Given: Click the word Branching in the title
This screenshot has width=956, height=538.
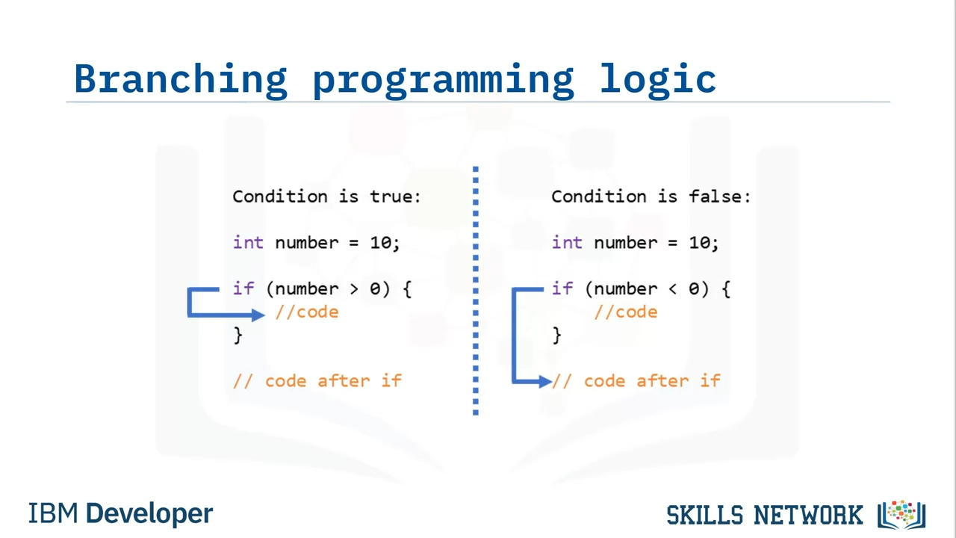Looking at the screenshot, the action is pos(181,80).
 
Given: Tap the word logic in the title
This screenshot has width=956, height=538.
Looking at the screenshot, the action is pos(658,80).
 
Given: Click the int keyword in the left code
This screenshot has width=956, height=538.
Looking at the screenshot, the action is pos(248,243).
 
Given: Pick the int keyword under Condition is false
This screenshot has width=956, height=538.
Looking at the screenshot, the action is pos(567,243).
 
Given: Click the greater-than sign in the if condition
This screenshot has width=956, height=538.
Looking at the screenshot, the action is pos(354,289).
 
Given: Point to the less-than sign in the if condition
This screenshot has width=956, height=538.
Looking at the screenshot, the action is pos(673,289).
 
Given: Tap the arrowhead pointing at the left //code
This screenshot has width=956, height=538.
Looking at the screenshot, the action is pos(258,315).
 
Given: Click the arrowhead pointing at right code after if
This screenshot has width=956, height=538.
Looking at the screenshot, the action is pos(545,381).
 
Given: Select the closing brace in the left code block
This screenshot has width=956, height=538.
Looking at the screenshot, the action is pos(238,336).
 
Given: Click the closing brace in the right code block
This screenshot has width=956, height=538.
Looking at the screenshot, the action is pos(556,336).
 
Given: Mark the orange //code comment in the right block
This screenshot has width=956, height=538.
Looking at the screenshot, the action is pos(626,312).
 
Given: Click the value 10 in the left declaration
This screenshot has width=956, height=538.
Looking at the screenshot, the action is pos(380,243).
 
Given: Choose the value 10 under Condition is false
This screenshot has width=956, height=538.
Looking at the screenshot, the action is pos(699,243).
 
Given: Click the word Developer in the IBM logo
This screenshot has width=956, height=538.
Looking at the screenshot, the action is pos(149,513).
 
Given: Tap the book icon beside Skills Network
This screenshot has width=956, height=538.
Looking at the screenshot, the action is pos(901,515).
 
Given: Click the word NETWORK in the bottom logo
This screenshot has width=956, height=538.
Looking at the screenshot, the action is pos(808,515).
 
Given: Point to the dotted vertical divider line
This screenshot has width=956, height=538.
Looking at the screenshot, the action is pos(476,291).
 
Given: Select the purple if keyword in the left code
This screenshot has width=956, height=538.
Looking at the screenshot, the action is pos(243,288).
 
